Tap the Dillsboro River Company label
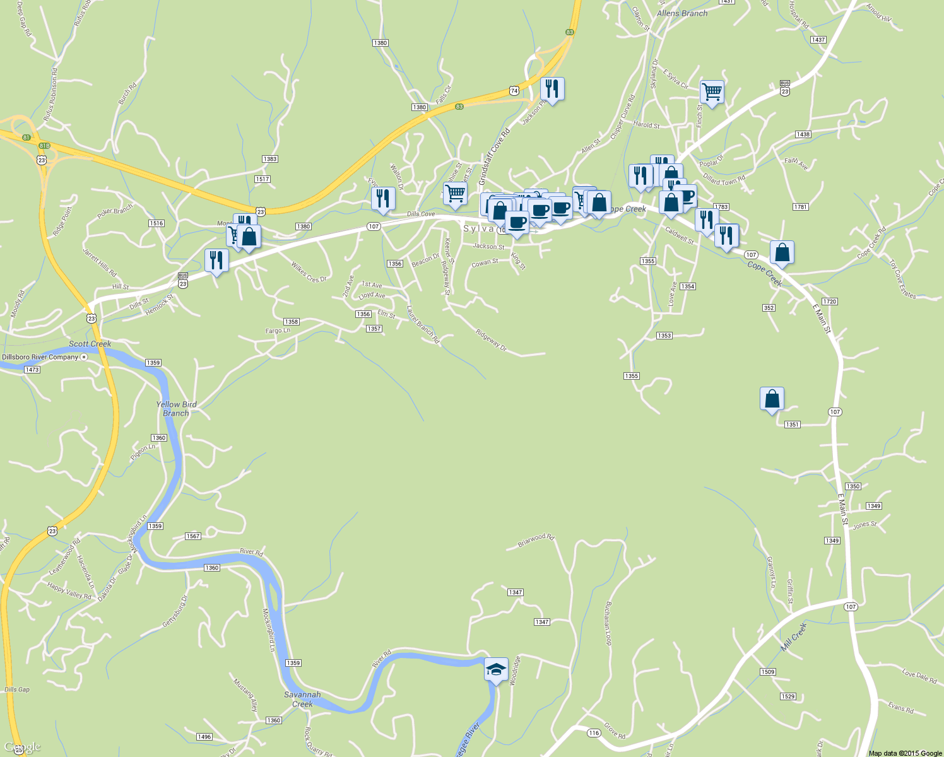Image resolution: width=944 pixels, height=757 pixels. point(40,357)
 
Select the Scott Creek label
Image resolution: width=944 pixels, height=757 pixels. point(90,344)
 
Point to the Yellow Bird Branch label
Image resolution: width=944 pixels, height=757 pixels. point(176,409)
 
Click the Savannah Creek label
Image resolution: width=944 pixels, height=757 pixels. point(302,699)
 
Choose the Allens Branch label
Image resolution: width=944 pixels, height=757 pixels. point(682,13)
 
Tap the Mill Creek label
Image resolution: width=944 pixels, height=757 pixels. point(794,637)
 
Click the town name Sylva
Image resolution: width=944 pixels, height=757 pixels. point(478,228)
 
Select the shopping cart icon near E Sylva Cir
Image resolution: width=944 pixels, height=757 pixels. point(712,92)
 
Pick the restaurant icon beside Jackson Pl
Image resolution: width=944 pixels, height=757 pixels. point(552,89)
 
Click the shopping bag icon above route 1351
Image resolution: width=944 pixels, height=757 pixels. point(772,399)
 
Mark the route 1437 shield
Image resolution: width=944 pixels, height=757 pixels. point(818,40)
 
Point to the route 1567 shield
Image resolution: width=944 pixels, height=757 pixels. point(193,536)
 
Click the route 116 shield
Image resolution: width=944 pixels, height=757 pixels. point(593,732)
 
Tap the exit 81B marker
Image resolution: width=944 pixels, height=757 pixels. point(44,146)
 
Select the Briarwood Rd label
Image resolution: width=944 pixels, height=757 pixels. point(536,540)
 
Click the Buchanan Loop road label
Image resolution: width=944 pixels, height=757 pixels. point(608,623)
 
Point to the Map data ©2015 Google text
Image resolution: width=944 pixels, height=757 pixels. point(905,753)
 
